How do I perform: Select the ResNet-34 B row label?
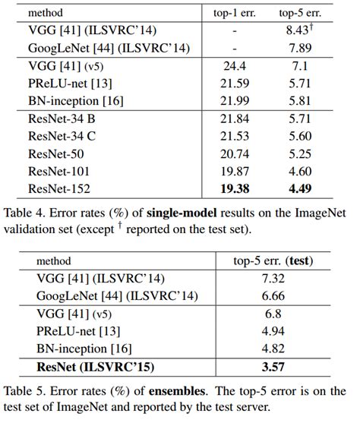pos(62,120)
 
